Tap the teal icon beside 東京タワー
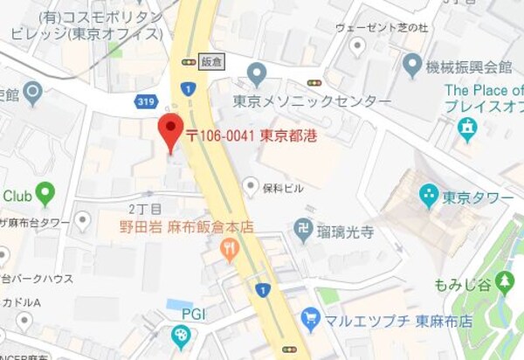coord(428,196)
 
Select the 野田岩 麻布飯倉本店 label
coord(186,227)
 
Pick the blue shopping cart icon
coord(310,318)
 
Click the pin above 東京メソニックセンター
coord(256,73)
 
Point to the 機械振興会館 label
coord(470,66)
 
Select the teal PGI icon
coord(180,335)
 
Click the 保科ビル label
coord(285,186)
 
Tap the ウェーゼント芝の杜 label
coord(382,28)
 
